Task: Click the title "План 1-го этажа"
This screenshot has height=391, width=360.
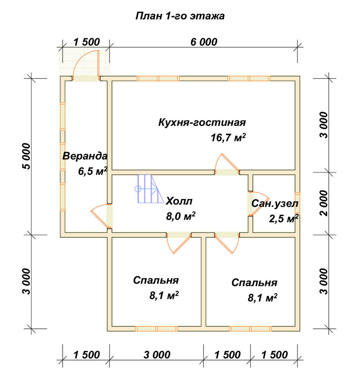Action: pos(180,16)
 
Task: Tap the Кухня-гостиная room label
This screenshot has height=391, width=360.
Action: pos(202,122)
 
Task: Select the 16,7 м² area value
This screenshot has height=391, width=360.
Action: pos(228,137)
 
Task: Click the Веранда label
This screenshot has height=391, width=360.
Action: pos(85,156)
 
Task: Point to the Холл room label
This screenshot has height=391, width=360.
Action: pos(179,201)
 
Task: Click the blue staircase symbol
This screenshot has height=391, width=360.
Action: pos(148,188)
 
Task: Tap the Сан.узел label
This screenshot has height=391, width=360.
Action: pos(275,204)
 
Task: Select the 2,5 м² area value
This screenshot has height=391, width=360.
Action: pos(284,219)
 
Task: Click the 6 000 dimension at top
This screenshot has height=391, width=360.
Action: pos(204,42)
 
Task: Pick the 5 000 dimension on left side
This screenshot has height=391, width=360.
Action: pos(27,156)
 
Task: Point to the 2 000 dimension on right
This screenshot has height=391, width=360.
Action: pos(324,203)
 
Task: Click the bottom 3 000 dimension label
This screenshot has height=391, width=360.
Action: pos(157,355)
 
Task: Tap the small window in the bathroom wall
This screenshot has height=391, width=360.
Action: pos(298,203)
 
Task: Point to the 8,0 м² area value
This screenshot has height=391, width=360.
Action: pos(181,216)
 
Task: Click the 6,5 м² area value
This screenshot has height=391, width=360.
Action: pos(93,171)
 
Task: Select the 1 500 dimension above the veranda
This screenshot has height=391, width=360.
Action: pos(86,42)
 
